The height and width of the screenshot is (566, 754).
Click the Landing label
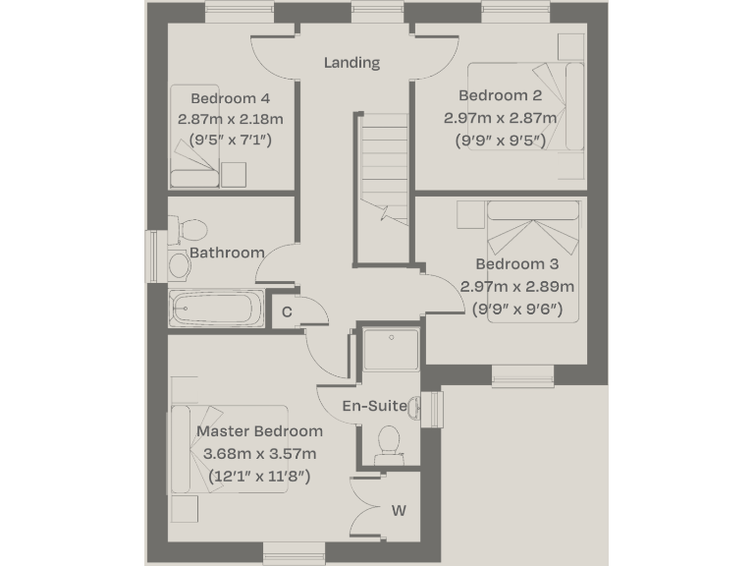351,63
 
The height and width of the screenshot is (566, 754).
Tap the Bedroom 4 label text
230,98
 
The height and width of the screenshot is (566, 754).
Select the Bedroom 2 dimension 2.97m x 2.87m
500,118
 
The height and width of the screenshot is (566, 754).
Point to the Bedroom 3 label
516,264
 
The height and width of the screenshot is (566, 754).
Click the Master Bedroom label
259,431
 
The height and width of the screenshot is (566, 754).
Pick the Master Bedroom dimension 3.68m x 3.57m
259,454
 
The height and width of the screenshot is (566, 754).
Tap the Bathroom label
227,253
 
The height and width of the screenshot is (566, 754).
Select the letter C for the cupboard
287,312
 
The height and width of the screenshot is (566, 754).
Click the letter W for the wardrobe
399,511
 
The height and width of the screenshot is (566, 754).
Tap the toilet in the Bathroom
189,230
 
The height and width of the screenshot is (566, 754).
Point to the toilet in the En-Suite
389,441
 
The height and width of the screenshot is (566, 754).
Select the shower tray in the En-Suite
390,349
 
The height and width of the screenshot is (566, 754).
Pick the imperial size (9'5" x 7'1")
230,141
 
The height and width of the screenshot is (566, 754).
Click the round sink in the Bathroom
179,264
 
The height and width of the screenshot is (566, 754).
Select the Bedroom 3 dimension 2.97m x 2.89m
516,287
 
